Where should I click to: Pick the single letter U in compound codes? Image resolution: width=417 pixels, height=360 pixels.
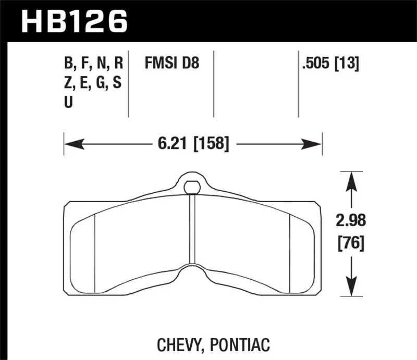[x=68, y=103]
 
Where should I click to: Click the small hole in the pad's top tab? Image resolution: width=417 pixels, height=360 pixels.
[x=192, y=185]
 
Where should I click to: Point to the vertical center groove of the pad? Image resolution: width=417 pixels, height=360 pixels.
[x=193, y=229]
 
